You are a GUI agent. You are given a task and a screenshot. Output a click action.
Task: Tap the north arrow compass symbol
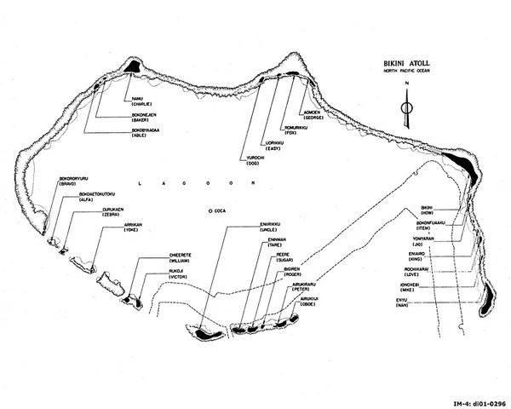(x=407, y=107)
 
